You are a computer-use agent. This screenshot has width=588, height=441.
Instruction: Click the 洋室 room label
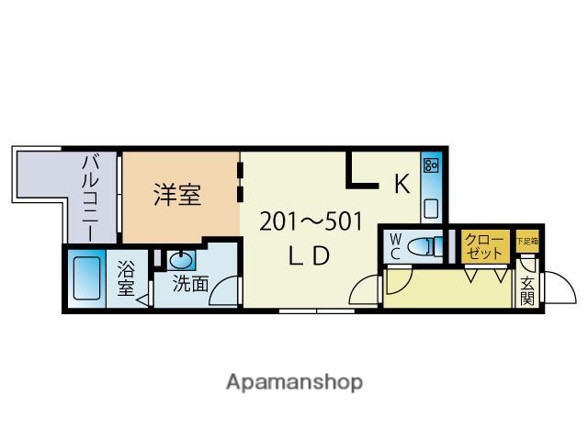[177, 195]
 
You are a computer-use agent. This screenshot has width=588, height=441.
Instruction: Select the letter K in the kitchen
[401, 184]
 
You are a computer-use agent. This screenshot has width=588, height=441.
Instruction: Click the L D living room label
[309, 257]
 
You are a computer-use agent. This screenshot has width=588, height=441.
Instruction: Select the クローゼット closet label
[483, 246]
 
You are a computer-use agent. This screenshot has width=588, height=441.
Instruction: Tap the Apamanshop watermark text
[294, 381]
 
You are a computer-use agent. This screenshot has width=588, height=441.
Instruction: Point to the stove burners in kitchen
[431, 165]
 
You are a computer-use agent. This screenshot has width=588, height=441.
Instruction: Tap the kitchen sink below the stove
[431, 206]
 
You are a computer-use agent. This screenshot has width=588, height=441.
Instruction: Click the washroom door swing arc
[224, 294]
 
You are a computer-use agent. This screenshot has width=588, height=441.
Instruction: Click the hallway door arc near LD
[365, 290]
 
